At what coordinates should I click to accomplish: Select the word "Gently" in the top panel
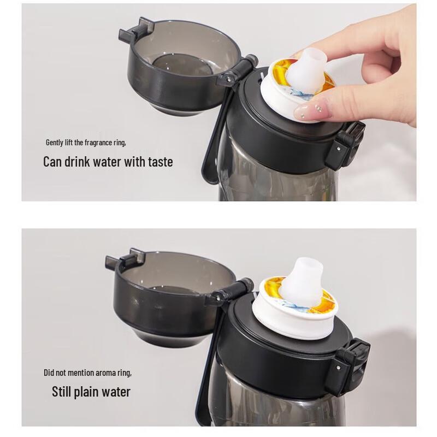coord(55,143)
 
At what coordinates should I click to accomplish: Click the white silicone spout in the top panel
coord(307,68)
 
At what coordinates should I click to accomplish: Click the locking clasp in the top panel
coord(345,145)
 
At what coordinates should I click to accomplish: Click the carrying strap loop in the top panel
coord(214,142)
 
